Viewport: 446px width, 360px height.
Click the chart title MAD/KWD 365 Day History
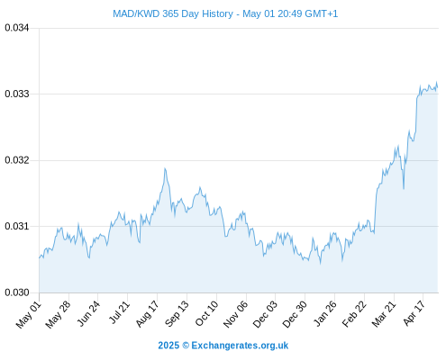point(173,13)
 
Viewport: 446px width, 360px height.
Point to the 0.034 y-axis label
point(17,28)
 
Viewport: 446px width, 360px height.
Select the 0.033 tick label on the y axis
point(17,94)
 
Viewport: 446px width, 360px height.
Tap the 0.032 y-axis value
point(17,160)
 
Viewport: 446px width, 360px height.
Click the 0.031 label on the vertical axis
point(17,226)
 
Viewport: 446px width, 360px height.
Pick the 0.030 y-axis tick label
point(17,292)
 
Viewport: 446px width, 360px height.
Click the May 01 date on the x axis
point(29,314)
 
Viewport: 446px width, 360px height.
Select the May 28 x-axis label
point(59,314)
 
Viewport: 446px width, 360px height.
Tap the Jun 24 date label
point(88,313)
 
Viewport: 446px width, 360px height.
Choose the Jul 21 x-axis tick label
point(119,312)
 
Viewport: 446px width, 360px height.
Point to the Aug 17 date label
point(147,314)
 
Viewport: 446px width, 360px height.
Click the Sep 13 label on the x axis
point(177,314)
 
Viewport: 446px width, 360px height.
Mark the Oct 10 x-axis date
point(206,314)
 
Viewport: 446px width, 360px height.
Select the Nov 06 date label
point(236,314)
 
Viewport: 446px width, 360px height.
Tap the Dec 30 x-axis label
point(295,314)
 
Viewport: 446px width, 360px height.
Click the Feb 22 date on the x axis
point(354,314)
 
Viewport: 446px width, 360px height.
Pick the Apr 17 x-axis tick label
point(414,313)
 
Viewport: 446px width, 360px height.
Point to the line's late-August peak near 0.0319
point(165,169)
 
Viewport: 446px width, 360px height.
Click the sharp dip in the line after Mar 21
point(404,188)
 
